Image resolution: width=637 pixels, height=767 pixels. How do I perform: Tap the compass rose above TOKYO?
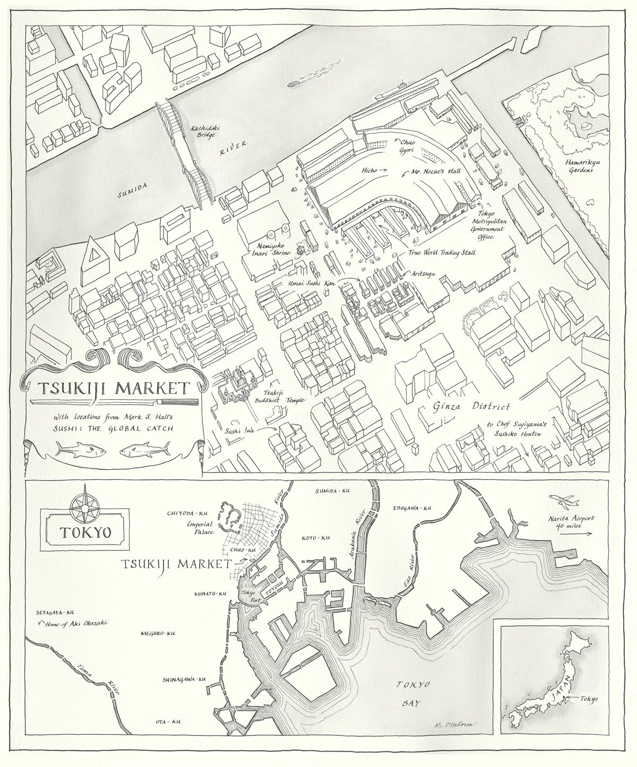point(83,500)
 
